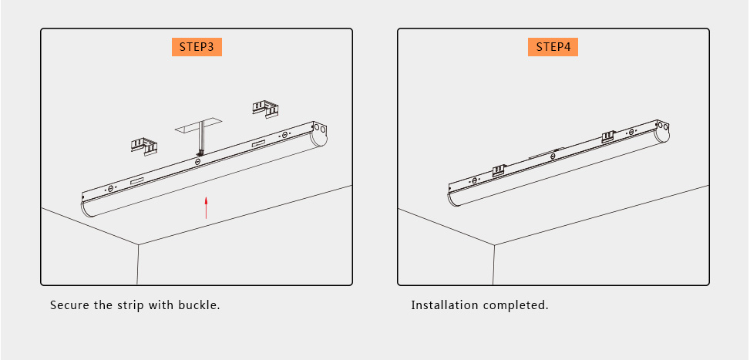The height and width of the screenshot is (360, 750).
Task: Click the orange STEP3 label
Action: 197,46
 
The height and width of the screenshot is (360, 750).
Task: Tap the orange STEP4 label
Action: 553,46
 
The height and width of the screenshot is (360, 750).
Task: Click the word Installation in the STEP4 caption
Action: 445,305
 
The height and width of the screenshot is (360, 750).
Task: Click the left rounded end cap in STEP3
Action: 88,206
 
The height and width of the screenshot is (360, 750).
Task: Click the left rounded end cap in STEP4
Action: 453,197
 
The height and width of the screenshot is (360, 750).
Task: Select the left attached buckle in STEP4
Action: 499,169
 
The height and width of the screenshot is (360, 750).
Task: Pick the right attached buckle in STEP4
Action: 608,136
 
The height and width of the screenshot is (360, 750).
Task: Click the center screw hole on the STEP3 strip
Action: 198,161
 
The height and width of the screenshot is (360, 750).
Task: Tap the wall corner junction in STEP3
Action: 139,245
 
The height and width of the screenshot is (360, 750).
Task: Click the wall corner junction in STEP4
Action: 495,245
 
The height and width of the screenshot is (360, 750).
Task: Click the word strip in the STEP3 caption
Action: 129,305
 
